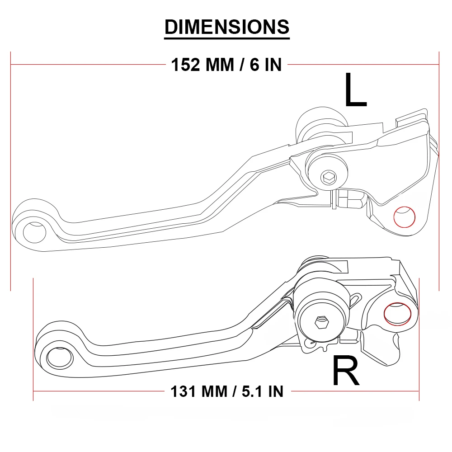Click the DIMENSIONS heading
[227, 27]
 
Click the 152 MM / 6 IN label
[226, 65]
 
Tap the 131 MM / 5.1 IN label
[227, 391]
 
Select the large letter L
[355, 90]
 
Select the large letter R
[346, 371]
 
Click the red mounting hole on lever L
[405, 217]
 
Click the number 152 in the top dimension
[185, 65]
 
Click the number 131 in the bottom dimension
[185, 391]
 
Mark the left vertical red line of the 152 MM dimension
[11, 172]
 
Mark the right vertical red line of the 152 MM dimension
[439, 172]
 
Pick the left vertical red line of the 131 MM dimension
[33, 339]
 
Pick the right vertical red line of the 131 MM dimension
[419, 339]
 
